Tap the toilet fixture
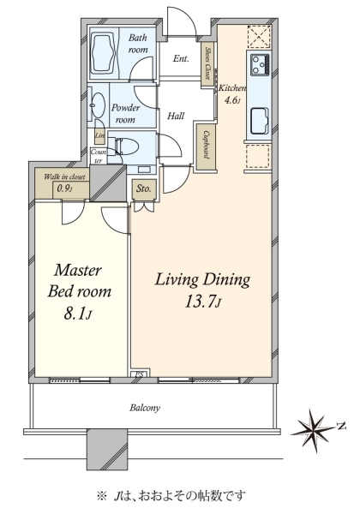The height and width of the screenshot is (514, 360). tap(123, 146)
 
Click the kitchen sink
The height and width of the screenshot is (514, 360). tap(260, 121)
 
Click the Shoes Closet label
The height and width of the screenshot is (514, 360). tap(208, 63)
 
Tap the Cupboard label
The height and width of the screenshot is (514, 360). tap(207, 145)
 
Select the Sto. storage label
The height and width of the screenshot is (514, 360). tap(144, 188)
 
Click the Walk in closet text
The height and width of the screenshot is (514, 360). tap(64, 176)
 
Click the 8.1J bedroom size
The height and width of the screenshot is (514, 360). tap(77, 314)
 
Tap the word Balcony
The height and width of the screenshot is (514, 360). tap(145, 408)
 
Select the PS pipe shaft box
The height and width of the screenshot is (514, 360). tap(141, 374)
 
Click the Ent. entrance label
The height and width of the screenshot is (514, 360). tap(181, 58)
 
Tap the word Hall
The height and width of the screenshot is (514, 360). tap(176, 116)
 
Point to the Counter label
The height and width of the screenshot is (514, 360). tap(99, 156)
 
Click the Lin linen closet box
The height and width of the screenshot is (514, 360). tap(99, 135)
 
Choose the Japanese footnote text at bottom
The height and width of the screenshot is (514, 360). tap(171, 495)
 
